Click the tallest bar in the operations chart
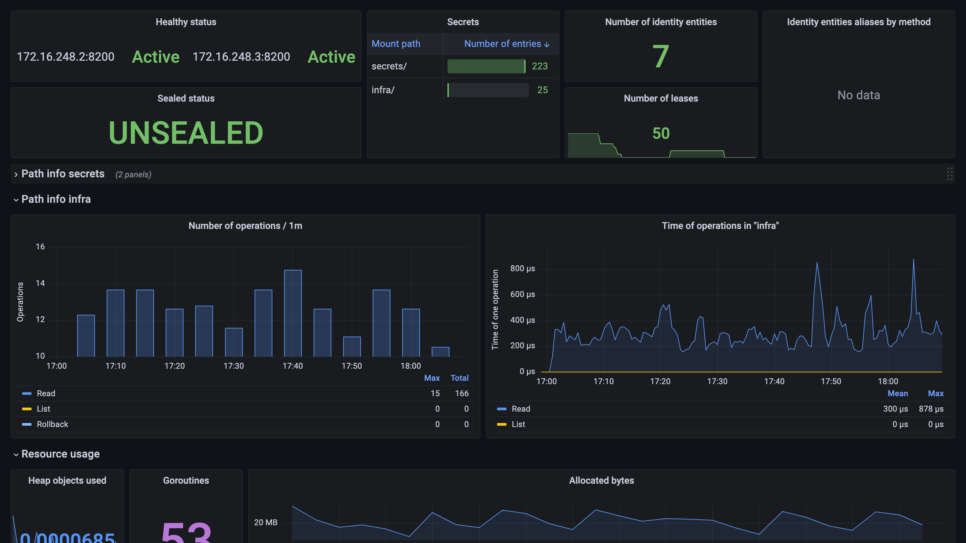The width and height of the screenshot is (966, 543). pyautogui.click(x=293, y=313)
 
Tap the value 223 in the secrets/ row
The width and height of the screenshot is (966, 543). pyautogui.click(x=540, y=66)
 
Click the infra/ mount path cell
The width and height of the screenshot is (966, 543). pyautogui.click(x=383, y=90)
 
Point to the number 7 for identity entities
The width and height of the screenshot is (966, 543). pyautogui.click(x=660, y=57)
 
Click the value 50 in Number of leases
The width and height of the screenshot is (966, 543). pyautogui.click(x=661, y=133)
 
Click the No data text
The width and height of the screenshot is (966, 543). pyautogui.click(x=858, y=95)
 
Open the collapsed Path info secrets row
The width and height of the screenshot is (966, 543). pyautogui.click(x=63, y=174)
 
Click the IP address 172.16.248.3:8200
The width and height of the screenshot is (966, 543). pyautogui.click(x=241, y=57)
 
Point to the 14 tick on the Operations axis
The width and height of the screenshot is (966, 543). pyautogui.click(x=40, y=283)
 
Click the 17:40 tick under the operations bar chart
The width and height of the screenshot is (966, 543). pyautogui.click(x=292, y=366)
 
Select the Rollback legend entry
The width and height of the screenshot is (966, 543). pyautogui.click(x=53, y=424)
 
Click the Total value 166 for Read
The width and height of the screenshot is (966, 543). pyautogui.click(x=462, y=394)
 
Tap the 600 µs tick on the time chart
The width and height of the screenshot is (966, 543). pyautogui.click(x=522, y=295)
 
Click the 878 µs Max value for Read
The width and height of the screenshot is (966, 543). pyautogui.click(x=931, y=409)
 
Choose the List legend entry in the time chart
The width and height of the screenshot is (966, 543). pyautogui.click(x=518, y=424)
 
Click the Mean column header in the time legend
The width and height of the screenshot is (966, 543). pyautogui.click(x=897, y=394)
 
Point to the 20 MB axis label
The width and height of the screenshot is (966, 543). pyautogui.click(x=266, y=523)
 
